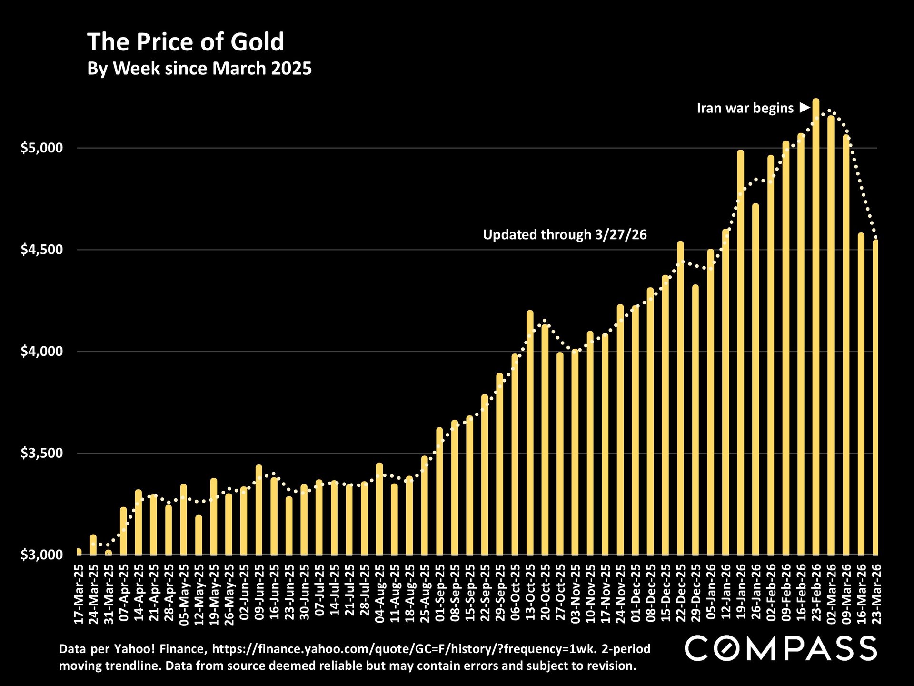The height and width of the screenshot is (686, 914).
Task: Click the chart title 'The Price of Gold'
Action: click(185, 42)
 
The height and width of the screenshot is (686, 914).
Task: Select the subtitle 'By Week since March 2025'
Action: click(199, 69)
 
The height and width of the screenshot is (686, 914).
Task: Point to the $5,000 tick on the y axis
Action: click(42, 148)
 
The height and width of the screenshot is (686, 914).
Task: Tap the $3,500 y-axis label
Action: click(42, 453)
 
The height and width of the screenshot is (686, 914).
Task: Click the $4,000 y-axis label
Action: click(42, 352)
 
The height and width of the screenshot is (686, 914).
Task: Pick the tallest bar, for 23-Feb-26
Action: click(815, 329)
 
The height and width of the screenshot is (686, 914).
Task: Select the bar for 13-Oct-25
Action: click(530, 434)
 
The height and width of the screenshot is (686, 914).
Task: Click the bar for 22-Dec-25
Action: click(680, 400)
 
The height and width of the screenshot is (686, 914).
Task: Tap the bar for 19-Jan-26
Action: click(740, 353)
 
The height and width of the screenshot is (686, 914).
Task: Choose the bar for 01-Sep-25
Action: click(439, 491)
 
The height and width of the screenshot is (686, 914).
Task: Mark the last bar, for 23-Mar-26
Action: click(875, 398)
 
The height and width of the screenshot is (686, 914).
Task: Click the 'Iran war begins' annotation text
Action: click(745, 109)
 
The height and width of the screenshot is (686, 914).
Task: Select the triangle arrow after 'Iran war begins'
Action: click(805, 108)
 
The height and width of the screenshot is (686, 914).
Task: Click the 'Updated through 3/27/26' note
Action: click(565, 235)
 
